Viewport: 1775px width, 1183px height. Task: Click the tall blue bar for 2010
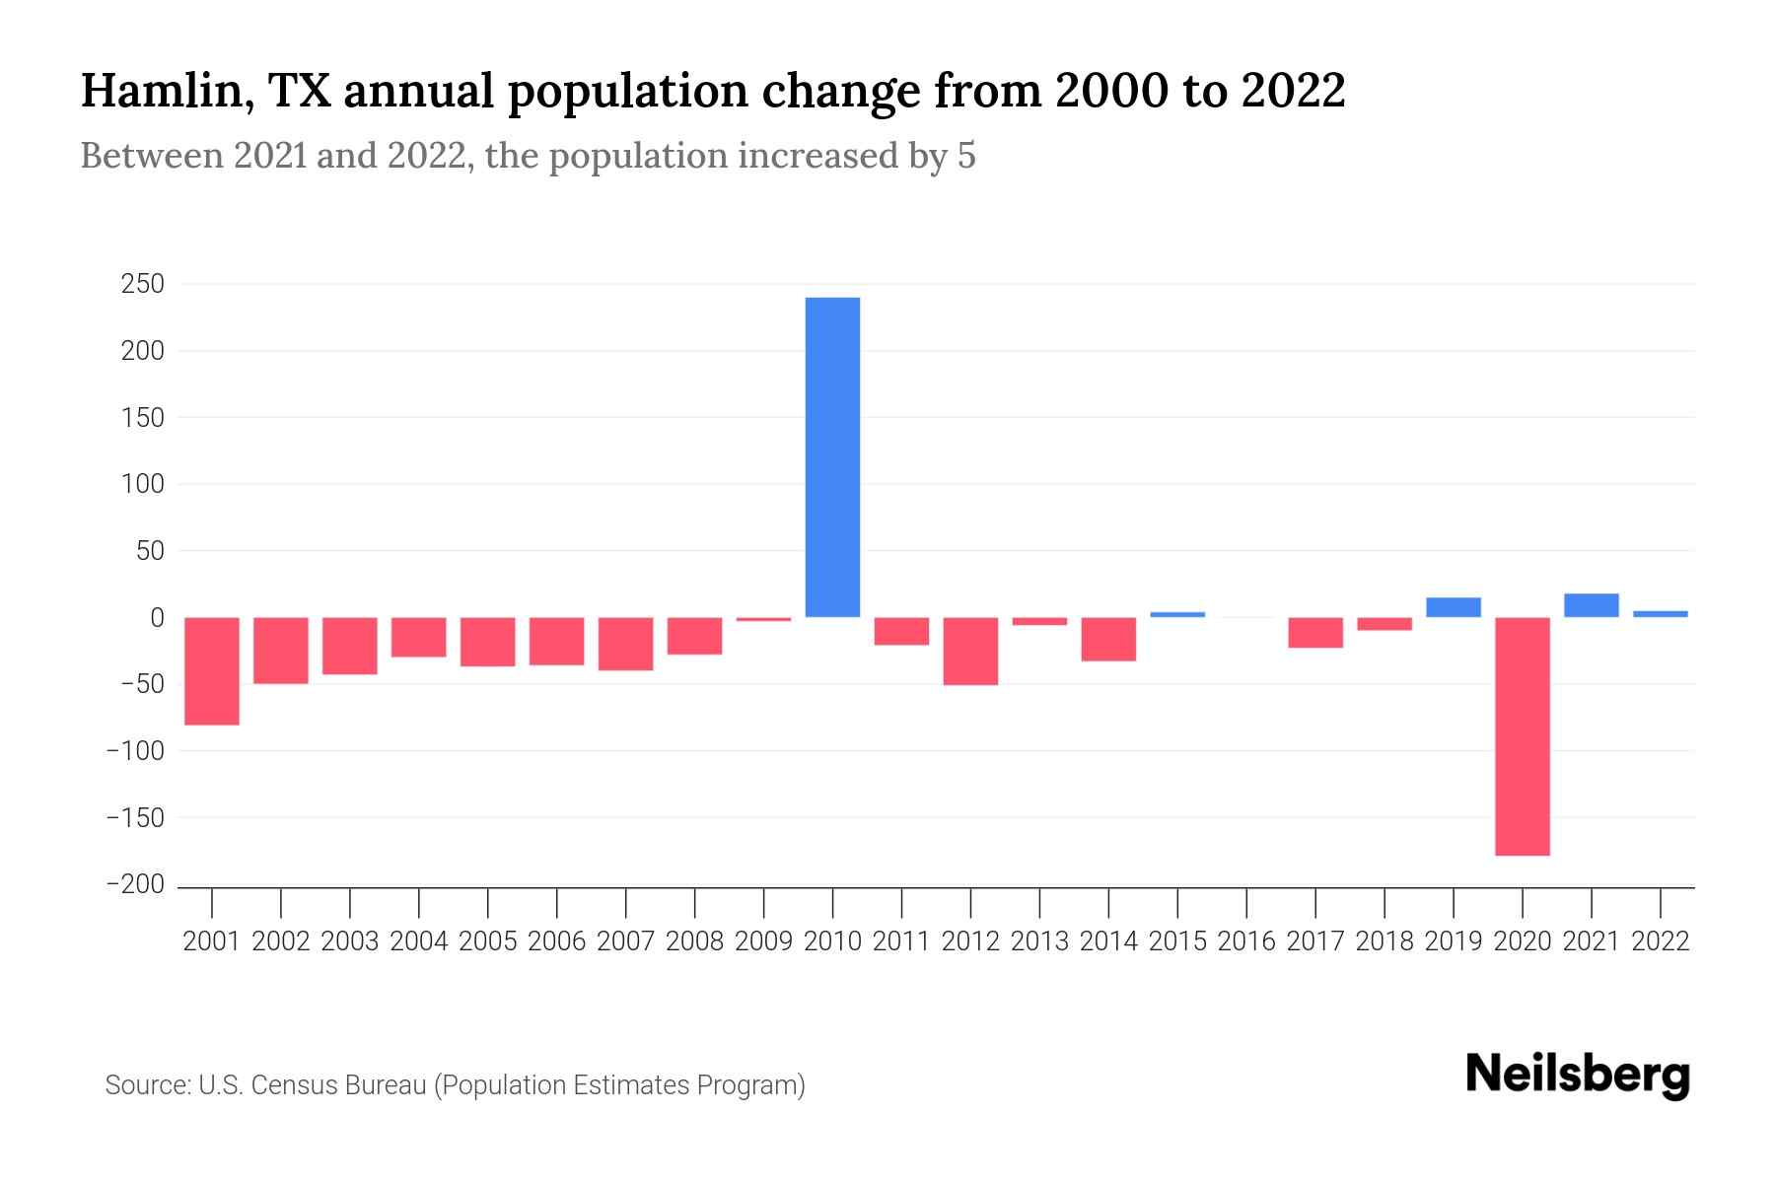tap(832, 456)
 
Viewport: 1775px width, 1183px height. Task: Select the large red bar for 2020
tap(1523, 735)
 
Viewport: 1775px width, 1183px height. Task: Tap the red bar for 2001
tap(212, 670)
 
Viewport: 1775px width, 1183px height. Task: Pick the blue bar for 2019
tap(1454, 607)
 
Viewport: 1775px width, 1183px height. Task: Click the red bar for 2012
tap(970, 651)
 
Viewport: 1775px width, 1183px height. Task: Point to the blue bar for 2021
tap(1592, 605)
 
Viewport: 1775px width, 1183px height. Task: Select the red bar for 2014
tap(1108, 639)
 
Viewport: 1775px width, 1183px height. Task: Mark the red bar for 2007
tap(625, 644)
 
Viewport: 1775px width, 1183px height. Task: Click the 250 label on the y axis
tap(142, 284)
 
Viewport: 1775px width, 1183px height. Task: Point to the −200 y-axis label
tap(136, 885)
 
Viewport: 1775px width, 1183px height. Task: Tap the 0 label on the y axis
tap(157, 618)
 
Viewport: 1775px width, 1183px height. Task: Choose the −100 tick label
tap(136, 751)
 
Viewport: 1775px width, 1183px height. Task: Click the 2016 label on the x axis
tap(1246, 941)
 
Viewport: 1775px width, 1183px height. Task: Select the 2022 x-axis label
tap(1661, 941)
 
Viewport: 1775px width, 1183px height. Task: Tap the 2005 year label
tap(487, 941)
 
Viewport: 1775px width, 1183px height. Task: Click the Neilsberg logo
tap(1578, 1075)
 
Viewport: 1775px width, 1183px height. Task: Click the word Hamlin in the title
tap(158, 91)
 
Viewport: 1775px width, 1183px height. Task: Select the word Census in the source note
tap(294, 1085)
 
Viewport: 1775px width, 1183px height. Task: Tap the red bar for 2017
tap(1315, 632)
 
